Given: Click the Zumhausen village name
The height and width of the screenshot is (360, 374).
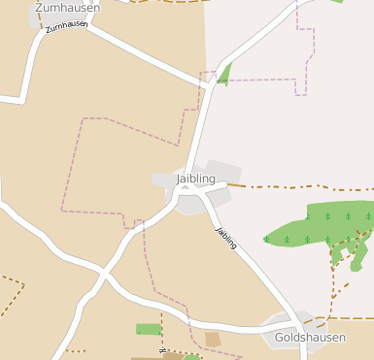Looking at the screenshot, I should pos(67,8).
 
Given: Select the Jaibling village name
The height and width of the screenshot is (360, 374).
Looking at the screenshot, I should pos(196,179).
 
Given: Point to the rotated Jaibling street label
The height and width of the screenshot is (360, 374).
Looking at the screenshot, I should pos(226,238).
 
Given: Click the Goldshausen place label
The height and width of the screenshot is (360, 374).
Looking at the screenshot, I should pos(310,337).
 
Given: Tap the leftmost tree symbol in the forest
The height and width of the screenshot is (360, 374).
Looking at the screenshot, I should pos(266,239).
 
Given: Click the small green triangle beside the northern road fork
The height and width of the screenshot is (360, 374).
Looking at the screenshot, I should pos(224,74).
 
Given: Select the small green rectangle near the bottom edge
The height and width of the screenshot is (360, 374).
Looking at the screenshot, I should pos(148,329).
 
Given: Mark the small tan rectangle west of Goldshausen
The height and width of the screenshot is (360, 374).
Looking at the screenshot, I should pos(213,339).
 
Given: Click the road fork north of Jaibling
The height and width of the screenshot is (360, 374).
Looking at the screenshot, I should pos(212,86).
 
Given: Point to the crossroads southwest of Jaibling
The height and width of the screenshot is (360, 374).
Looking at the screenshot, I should pos(103,275).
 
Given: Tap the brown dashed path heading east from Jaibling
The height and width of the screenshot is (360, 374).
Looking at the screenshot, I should pos(291,186).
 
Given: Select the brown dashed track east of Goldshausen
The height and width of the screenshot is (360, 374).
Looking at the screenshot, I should pos(350,317).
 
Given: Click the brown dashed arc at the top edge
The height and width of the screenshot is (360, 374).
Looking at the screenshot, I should pos(155,2).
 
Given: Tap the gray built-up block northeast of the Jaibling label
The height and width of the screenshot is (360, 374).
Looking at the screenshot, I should pos(222,170).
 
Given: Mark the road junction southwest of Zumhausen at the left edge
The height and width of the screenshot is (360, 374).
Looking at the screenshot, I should pos(21,99).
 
